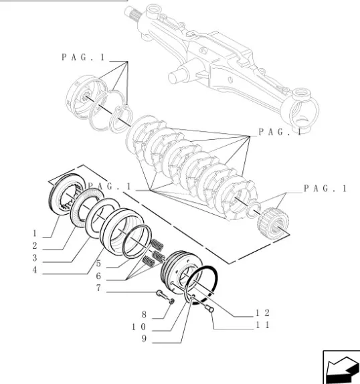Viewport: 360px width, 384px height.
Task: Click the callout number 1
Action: click(x=35, y=233)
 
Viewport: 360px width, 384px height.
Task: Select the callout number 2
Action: click(x=35, y=246)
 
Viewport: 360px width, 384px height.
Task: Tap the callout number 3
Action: click(x=35, y=258)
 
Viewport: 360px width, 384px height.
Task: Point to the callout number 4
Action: click(x=35, y=270)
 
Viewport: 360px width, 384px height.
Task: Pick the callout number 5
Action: click(x=98, y=264)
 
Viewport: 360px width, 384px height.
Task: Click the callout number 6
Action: click(x=98, y=276)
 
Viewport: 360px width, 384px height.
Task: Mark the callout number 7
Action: click(x=98, y=288)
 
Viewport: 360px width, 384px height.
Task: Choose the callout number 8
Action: click(x=144, y=314)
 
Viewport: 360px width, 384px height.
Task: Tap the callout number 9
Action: click(x=144, y=339)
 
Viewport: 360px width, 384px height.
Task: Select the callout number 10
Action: click(x=139, y=326)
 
